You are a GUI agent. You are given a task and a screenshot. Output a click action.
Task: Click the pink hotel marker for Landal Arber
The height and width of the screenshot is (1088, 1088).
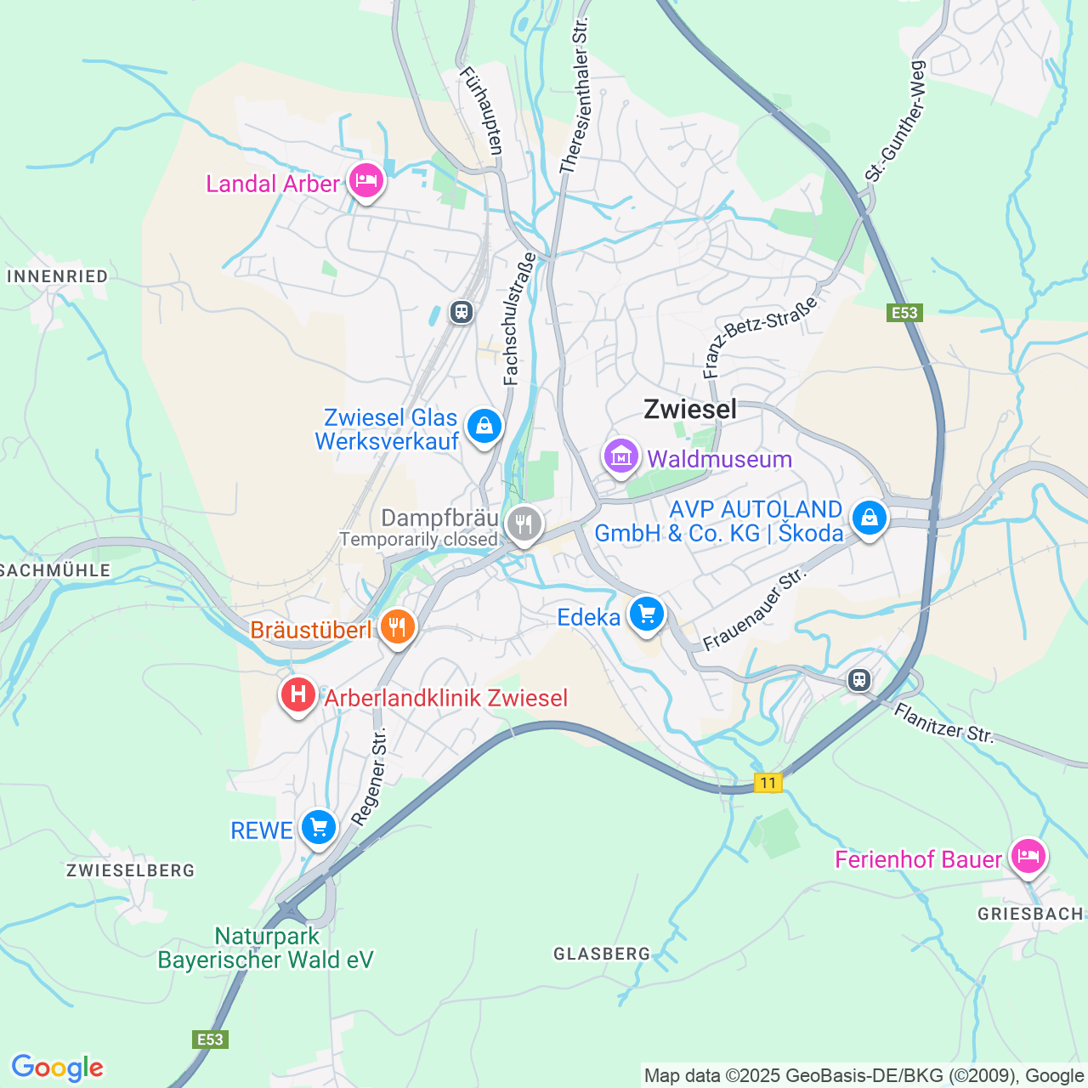click(366, 180)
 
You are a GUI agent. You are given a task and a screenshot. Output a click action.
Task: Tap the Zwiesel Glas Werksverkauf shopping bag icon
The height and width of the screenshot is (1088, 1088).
click(484, 425)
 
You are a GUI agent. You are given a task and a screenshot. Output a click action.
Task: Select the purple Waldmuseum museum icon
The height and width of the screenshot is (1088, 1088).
click(621, 456)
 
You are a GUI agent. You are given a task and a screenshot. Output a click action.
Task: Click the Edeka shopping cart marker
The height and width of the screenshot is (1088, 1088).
click(647, 613)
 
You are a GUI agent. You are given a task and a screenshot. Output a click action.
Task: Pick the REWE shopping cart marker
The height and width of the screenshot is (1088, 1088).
click(319, 826)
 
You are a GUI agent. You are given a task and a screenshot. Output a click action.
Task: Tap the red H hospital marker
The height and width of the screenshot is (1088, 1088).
click(297, 695)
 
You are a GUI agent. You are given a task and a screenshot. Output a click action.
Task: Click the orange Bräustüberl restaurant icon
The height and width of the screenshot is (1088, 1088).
click(397, 627)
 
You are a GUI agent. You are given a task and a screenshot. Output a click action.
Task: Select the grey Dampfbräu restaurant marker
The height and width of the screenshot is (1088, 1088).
click(524, 524)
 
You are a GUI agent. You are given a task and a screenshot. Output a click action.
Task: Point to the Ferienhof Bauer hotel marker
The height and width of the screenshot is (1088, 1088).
click(1028, 856)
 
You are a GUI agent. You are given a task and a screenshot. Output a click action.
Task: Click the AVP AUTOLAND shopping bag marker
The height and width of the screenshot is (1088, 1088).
click(869, 516)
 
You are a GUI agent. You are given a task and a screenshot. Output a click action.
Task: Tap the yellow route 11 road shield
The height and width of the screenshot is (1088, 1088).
click(768, 783)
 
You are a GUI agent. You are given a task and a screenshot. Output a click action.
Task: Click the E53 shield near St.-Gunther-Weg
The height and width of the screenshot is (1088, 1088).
click(904, 313)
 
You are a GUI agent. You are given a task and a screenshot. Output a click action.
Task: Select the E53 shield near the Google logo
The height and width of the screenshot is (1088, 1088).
click(210, 1040)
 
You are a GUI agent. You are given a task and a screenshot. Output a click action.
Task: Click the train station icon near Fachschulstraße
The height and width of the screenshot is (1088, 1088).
click(462, 312)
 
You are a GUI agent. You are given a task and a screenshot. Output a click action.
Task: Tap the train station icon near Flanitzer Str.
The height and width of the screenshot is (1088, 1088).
click(859, 680)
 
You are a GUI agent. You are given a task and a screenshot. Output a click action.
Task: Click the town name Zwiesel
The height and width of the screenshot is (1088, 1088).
click(690, 409)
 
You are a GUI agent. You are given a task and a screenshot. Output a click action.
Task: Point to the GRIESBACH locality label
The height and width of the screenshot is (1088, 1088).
click(1030, 914)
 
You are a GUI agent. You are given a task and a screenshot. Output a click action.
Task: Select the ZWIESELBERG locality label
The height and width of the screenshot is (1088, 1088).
click(131, 870)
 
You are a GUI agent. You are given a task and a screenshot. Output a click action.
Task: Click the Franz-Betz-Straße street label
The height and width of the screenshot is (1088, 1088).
click(761, 337)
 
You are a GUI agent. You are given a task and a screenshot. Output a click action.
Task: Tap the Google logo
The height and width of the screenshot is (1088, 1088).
click(57, 1068)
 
